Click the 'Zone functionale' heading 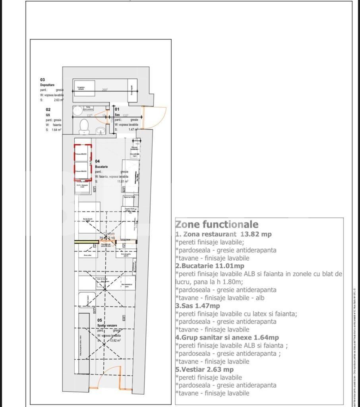click(x=217, y=225)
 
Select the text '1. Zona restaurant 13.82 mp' click(x=223, y=234)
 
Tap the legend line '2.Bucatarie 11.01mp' click(x=210, y=266)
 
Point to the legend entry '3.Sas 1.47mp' click(x=197, y=306)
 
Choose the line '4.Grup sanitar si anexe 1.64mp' click(x=227, y=337)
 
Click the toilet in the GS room click(x=84, y=126)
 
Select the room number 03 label click(x=43, y=80)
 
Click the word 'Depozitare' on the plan click(x=48, y=85)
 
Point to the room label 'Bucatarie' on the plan click(x=102, y=167)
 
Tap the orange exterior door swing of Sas click(x=154, y=118)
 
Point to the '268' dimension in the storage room click(x=105, y=90)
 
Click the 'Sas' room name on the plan click(x=118, y=114)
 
